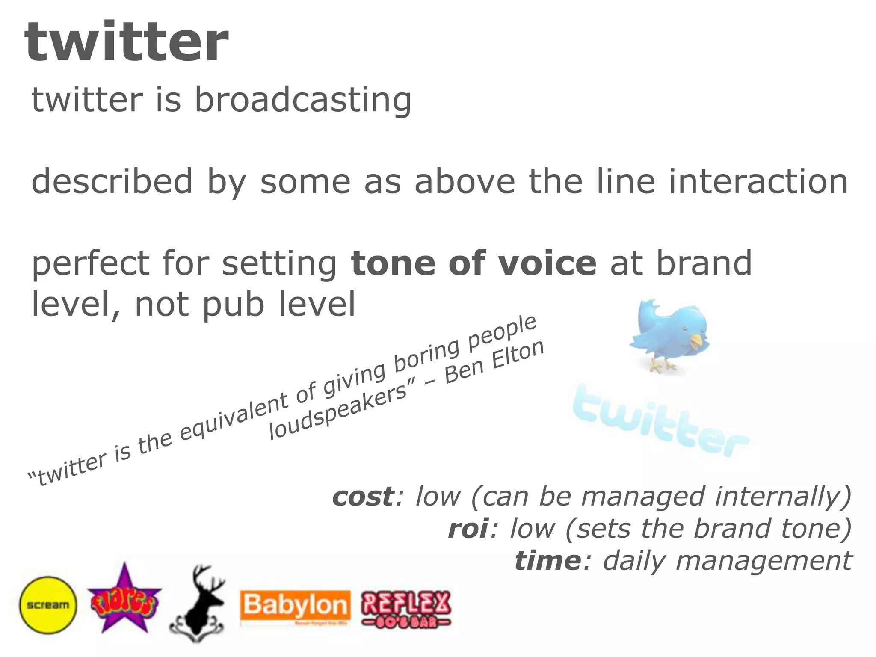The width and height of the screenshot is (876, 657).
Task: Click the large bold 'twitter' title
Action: [127, 43]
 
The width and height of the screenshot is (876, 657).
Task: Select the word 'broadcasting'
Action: [303, 100]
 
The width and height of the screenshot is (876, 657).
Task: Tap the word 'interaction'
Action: [758, 181]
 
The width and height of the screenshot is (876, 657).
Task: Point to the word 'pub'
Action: [233, 304]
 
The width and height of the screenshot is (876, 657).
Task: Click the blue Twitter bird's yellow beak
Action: [697, 341]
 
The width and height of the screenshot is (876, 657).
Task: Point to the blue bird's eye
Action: [685, 330]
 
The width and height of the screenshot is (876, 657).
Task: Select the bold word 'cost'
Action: [363, 496]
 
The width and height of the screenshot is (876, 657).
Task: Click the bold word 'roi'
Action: [468, 528]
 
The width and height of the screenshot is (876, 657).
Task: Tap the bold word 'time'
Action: [548, 560]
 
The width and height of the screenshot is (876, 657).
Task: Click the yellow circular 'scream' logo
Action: [48, 605]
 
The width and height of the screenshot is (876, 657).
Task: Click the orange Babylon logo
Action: [295, 607]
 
